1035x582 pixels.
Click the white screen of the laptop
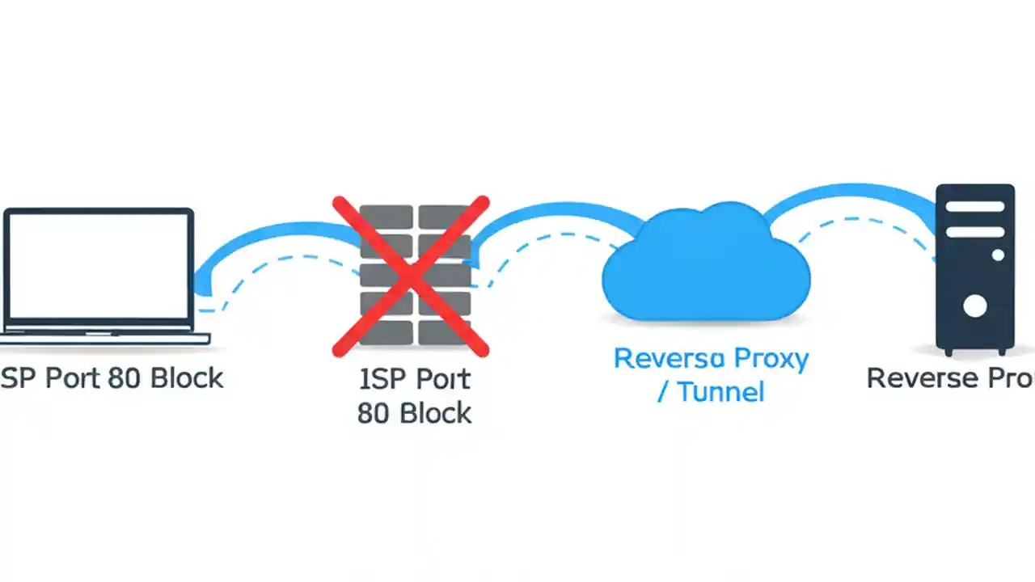pos(99,265)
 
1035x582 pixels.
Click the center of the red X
pos(411,276)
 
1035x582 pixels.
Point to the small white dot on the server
pos(998,255)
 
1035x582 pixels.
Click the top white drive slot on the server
pos(974,207)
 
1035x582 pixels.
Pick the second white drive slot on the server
pos(974,232)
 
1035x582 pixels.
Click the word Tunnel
pos(720,392)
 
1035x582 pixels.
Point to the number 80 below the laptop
pos(125,377)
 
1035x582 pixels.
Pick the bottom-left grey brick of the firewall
pos(385,331)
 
